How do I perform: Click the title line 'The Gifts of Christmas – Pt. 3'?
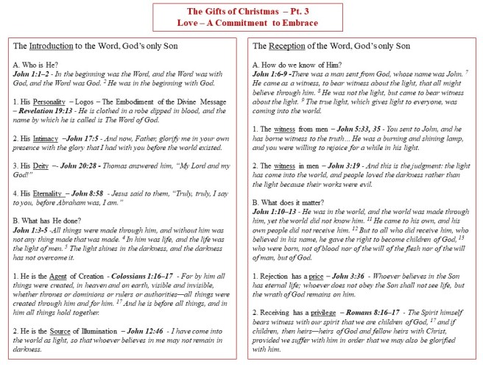[241, 11]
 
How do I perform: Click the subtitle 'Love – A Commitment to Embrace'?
[241, 23]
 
